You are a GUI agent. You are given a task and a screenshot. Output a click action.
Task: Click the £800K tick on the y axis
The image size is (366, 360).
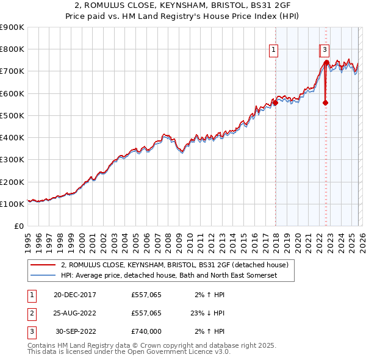click(x=12, y=49)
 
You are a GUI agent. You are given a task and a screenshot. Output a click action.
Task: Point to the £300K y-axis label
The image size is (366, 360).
click(x=12, y=160)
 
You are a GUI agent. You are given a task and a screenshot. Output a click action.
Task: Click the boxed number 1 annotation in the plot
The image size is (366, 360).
click(x=273, y=50)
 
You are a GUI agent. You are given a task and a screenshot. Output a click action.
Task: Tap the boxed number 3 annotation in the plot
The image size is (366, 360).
click(x=325, y=50)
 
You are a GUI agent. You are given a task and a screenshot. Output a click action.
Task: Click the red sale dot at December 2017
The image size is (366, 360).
click(x=275, y=103)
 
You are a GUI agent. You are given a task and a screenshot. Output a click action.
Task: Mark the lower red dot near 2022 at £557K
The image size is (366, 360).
click(x=325, y=103)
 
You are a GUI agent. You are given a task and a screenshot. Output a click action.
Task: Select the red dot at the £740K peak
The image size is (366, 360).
click(x=326, y=62)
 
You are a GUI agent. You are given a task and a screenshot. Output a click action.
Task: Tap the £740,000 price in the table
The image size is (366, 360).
click(x=146, y=331)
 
